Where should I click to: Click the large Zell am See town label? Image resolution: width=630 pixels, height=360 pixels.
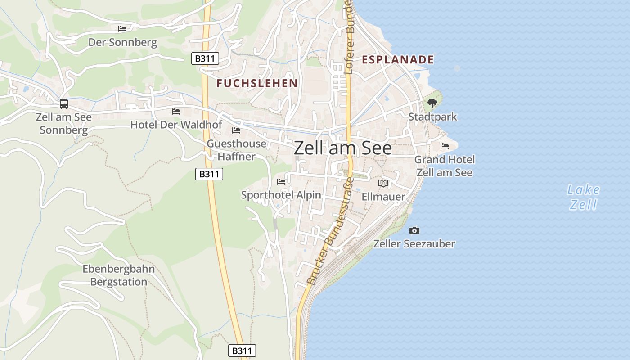click(x=343, y=148)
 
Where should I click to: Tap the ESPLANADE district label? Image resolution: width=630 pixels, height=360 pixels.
click(x=398, y=59)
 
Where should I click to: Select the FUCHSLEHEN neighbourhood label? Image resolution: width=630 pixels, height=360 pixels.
click(x=257, y=83)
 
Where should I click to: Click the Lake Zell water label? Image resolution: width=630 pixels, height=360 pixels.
click(x=583, y=197)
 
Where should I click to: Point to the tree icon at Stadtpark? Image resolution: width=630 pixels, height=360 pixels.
click(x=432, y=103)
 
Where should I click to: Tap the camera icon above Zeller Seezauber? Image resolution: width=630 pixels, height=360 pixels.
click(x=414, y=230)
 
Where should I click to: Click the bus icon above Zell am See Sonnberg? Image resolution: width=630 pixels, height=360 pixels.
click(x=64, y=104)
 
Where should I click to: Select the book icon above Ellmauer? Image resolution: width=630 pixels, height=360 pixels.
click(x=383, y=183)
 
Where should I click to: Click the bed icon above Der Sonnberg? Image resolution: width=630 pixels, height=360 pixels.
click(x=122, y=29)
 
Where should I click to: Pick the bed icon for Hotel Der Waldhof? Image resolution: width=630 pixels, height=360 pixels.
click(x=176, y=111)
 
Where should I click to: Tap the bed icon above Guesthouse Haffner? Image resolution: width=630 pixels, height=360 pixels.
click(x=236, y=130)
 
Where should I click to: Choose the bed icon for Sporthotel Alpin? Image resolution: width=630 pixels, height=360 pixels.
click(x=281, y=182)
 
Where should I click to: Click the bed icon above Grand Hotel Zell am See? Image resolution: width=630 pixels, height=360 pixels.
click(x=445, y=146)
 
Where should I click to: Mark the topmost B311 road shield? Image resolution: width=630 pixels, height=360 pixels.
click(x=205, y=58)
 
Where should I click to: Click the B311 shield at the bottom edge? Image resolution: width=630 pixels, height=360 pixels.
click(x=242, y=351)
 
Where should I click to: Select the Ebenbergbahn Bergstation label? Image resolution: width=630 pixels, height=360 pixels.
click(x=119, y=275)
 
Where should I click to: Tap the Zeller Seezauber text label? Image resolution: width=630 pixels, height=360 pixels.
click(x=414, y=244)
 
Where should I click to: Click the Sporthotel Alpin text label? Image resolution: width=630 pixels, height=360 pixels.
click(x=281, y=195)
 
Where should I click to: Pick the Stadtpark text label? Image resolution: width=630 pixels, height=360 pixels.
click(x=432, y=117)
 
